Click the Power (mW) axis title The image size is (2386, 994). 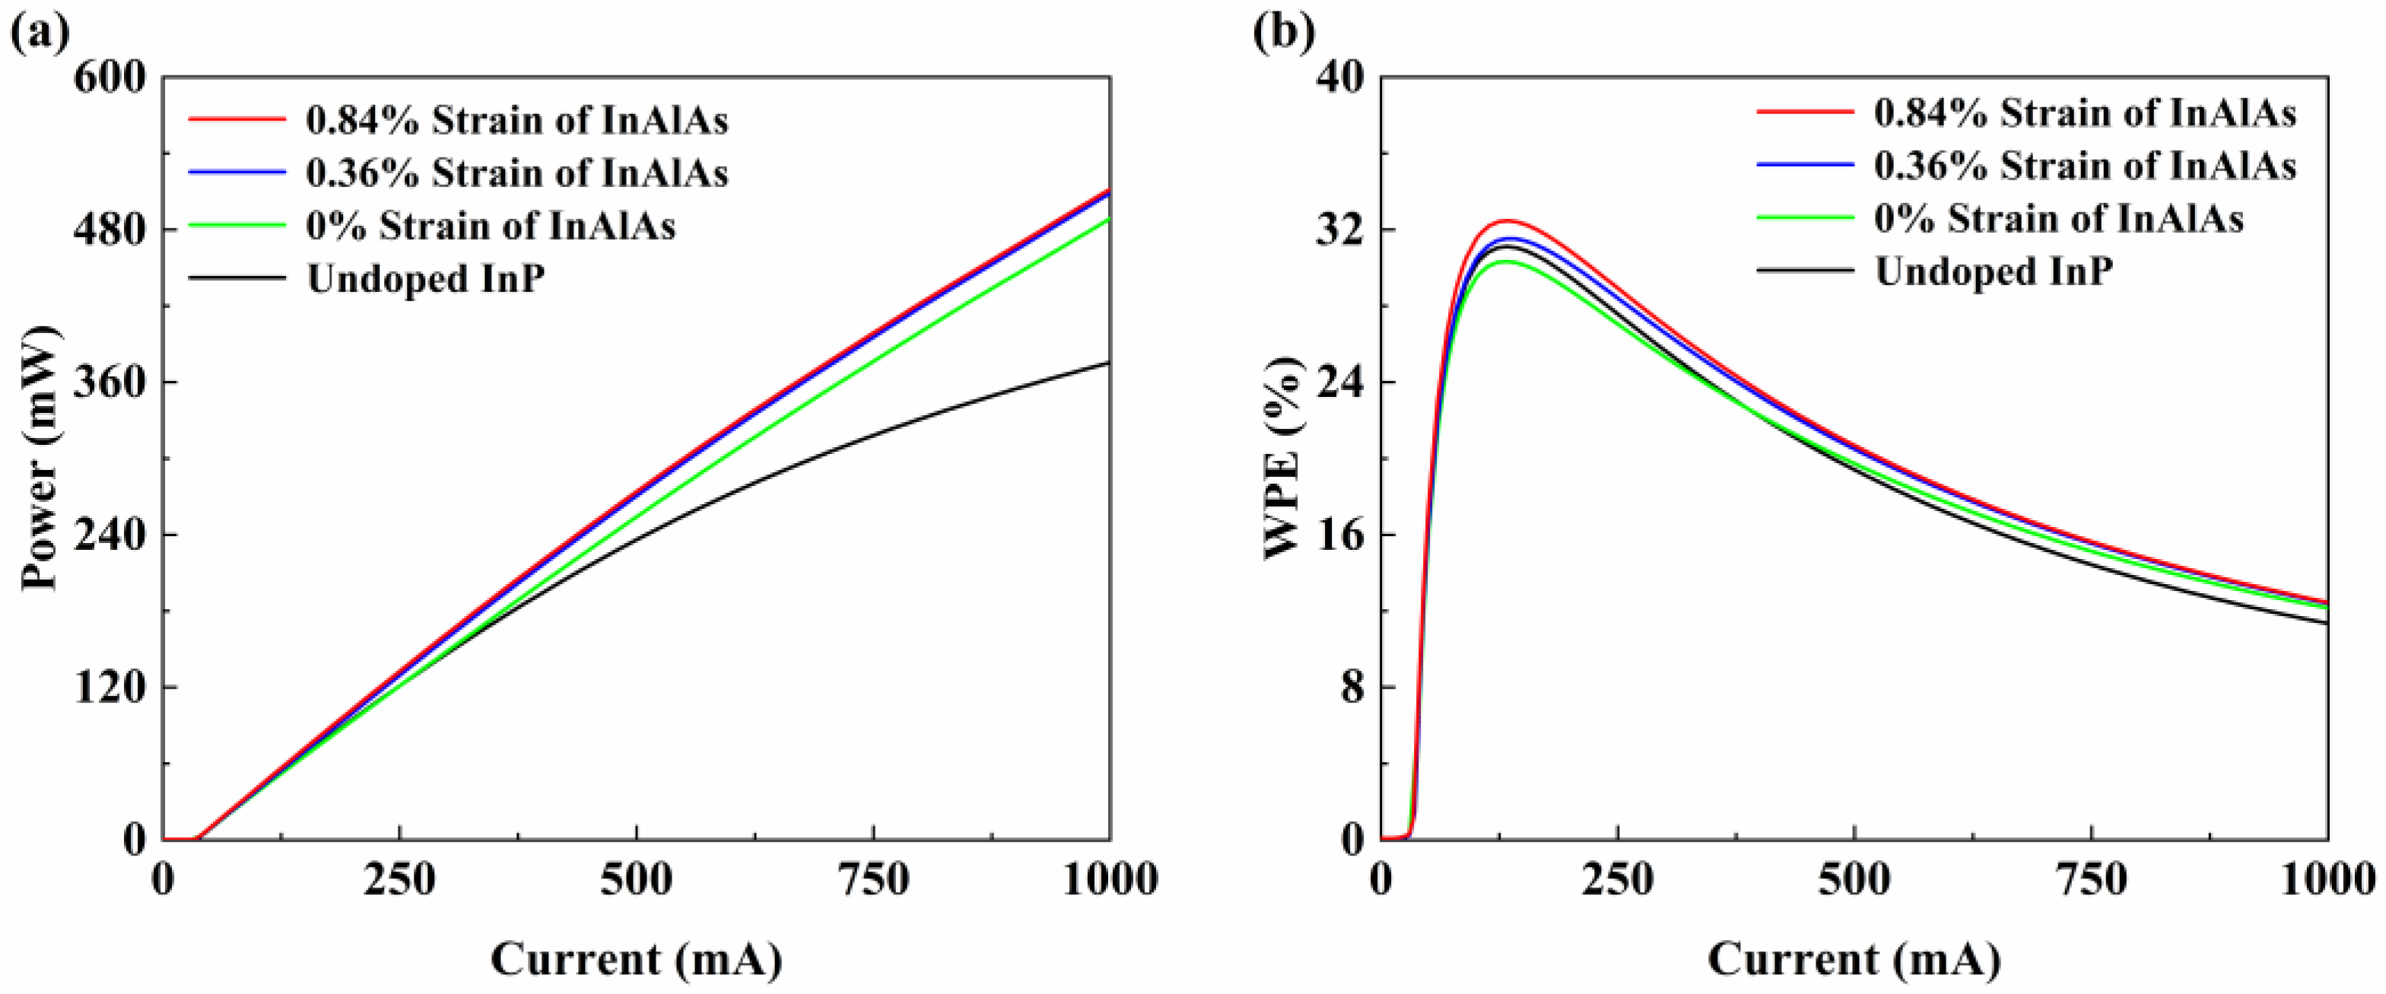[x=39, y=459]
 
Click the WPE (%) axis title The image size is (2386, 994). [x=1283, y=459]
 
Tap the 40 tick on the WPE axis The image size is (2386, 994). [x=1340, y=78]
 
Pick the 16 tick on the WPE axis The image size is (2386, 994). [x=1340, y=535]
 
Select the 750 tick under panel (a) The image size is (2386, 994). [x=872, y=880]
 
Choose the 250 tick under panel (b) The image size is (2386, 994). [x=1617, y=880]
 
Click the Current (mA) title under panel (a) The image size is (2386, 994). [x=637, y=960]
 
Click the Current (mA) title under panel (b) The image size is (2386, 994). [x=1854, y=960]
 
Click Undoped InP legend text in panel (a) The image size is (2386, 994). [x=426, y=278]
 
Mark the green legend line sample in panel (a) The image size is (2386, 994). [x=237, y=225]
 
